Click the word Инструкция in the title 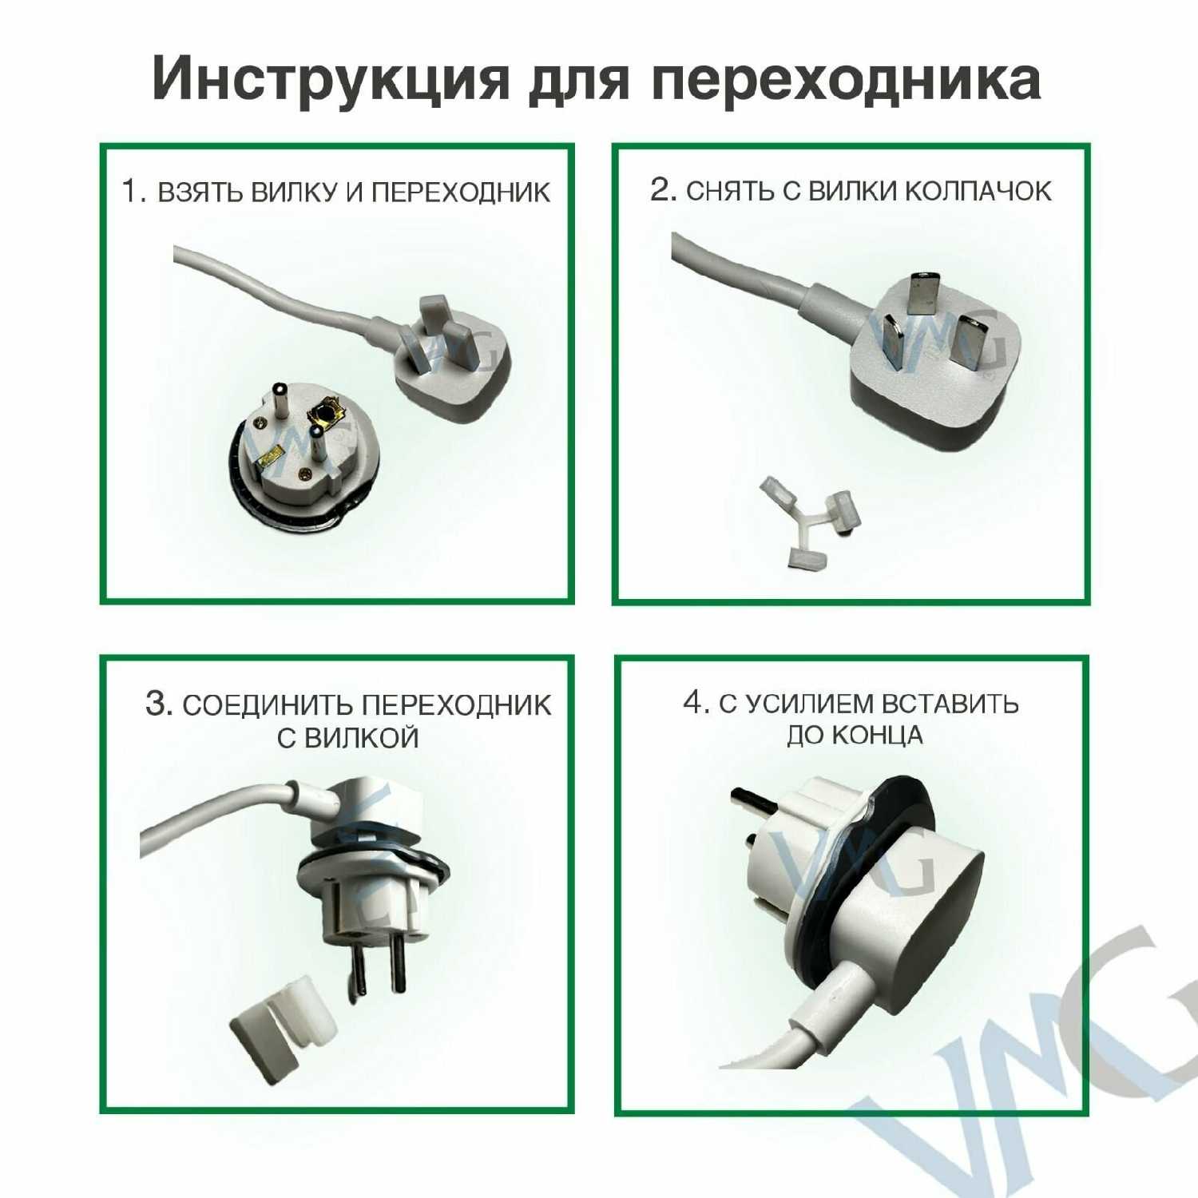point(331,81)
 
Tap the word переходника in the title point(846,81)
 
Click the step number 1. point(132,192)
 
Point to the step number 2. point(664,190)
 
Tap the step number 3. point(158,704)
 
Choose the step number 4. point(696,703)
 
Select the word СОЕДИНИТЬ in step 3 point(268,706)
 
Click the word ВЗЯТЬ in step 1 point(200,192)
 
